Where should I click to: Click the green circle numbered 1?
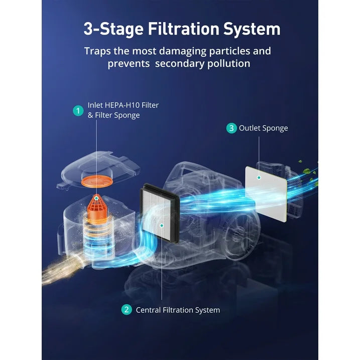coord(78,110)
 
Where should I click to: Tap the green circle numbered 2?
coord(127,310)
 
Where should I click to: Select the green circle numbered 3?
coord(231,128)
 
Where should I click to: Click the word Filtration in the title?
coord(183,29)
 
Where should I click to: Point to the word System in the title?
coord(252,30)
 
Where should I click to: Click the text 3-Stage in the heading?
coord(113,30)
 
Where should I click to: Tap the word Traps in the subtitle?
coord(97,51)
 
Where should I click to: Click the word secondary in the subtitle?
coord(179,63)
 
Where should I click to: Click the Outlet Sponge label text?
coord(263,128)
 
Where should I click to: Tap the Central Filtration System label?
coord(178,310)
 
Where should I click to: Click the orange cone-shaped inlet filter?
coord(97,208)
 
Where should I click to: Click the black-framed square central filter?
coord(159,213)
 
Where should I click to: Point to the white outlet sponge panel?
coord(266,194)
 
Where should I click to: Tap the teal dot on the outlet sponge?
coord(259,177)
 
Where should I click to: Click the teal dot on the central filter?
coord(162,225)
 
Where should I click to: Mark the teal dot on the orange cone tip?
coord(97,198)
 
